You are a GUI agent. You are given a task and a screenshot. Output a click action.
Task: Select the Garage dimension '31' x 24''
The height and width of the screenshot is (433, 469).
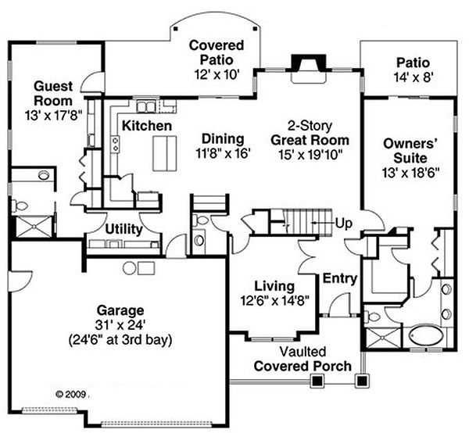120,325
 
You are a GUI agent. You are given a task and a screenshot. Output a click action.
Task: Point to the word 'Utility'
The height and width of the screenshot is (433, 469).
124,230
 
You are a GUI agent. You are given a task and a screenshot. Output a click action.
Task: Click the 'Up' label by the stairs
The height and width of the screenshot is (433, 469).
343,224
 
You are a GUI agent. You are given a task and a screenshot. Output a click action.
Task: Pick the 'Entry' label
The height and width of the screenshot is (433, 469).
340,278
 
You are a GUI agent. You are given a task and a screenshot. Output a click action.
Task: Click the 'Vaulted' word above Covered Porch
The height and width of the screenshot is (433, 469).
303,352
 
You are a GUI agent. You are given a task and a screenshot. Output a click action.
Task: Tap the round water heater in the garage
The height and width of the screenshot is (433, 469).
129,268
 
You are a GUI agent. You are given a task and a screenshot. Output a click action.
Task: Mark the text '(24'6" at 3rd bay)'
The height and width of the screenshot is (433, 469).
120,340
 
